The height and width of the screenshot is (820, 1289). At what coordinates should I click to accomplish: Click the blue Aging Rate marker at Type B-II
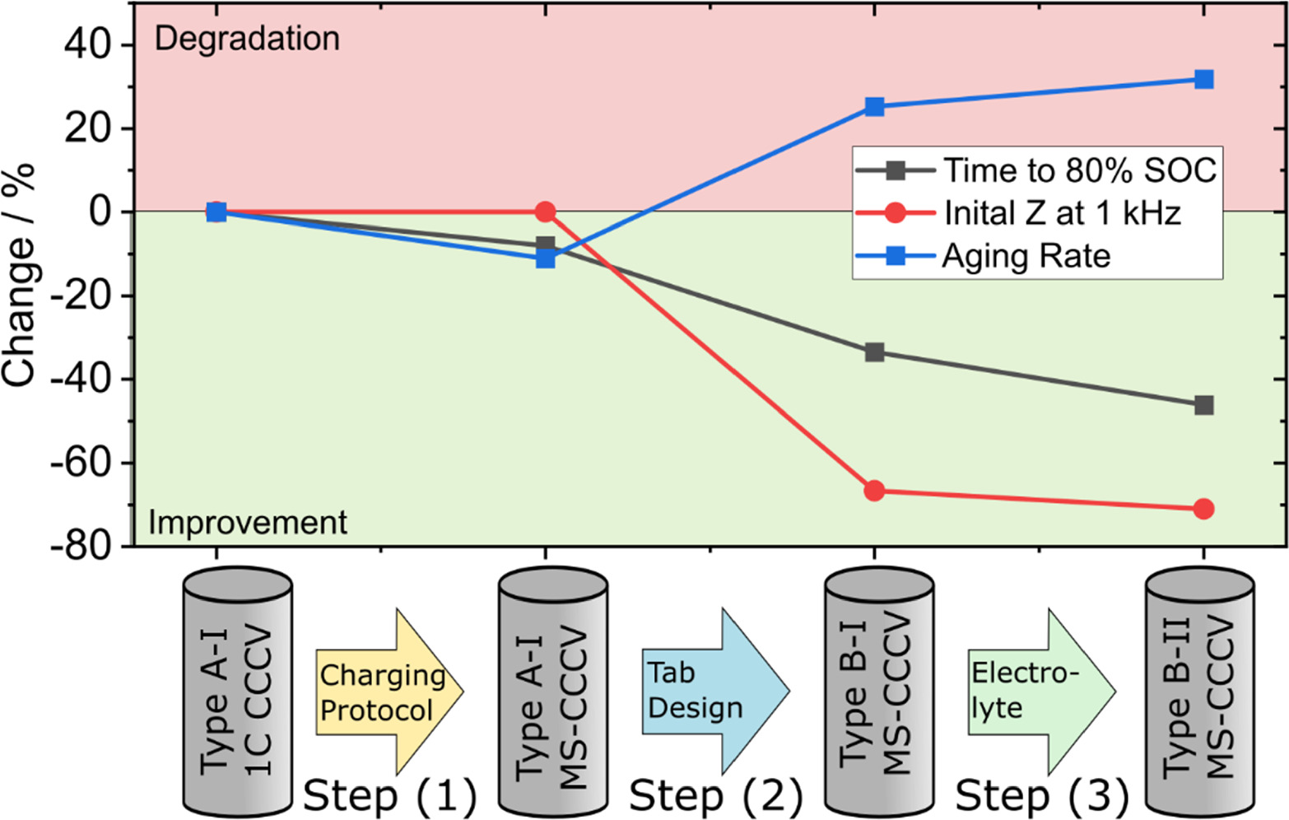click(1203, 80)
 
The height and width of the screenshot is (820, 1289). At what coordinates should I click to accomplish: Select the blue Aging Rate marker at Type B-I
click(874, 107)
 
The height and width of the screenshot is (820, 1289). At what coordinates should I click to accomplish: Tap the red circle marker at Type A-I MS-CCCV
click(545, 212)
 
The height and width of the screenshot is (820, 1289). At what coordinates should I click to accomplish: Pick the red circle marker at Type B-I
click(874, 492)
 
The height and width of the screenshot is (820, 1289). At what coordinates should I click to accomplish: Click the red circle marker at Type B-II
click(1203, 510)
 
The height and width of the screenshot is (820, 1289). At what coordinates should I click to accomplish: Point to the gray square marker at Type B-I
click(874, 353)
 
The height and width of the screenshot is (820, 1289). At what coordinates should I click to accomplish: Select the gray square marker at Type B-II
click(1203, 405)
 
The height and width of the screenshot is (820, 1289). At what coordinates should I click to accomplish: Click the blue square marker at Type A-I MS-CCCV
click(545, 259)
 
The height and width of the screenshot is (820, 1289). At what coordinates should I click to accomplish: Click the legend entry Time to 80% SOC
click(1078, 170)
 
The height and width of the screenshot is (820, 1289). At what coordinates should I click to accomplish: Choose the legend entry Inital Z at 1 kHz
click(1062, 213)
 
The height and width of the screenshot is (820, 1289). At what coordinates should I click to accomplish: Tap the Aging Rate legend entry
click(1026, 256)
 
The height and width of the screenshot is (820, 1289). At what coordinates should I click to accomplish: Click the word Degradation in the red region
click(247, 39)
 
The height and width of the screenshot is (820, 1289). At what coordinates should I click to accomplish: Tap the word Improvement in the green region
click(248, 523)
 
